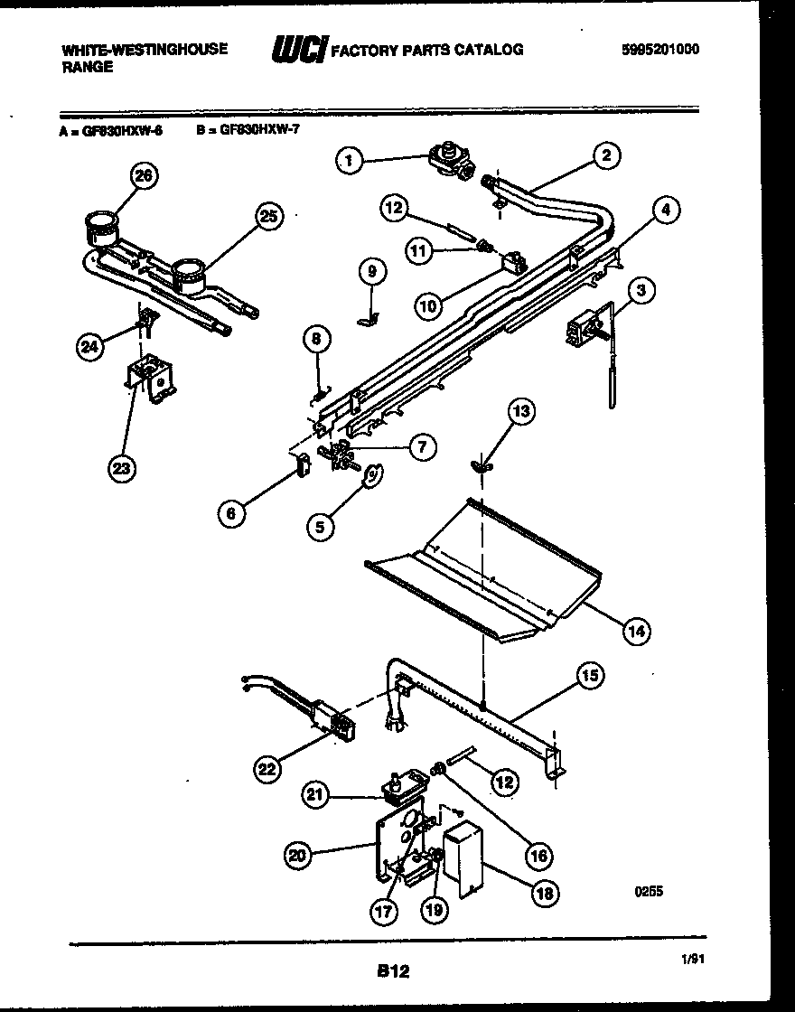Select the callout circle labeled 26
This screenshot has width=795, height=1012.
point(143,175)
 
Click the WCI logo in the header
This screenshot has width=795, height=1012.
point(298,51)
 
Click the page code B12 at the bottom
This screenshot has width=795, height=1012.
point(393,971)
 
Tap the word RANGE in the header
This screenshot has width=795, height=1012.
point(88,68)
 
